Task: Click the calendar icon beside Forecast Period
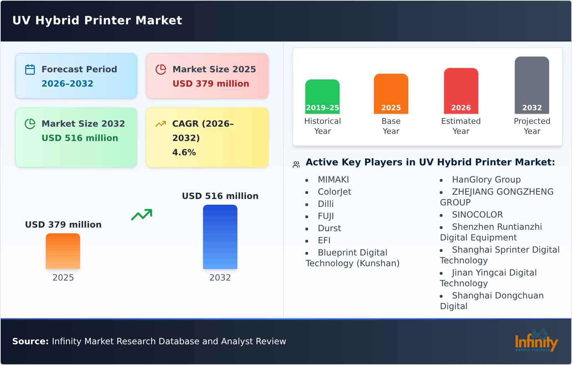point(30,69)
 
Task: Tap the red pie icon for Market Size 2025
point(161,69)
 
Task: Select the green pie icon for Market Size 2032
point(30,124)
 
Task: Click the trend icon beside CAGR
point(161,124)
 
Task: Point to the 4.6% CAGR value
point(184,152)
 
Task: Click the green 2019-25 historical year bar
point(322,96)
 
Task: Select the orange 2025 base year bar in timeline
point(391,93)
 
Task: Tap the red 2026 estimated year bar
point(461,91)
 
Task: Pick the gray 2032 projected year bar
point(532,85)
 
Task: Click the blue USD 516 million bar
point(220,237)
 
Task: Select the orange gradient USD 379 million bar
point(63,251)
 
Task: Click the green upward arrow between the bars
point(142,215)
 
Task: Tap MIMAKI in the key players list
point(333,180)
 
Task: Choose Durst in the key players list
point(329,228)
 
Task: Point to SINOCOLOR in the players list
point(477,215)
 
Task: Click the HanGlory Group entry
point(486,180)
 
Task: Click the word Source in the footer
point(30,341)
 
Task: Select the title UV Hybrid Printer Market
point(97,20)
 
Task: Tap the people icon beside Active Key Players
point(296,165)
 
